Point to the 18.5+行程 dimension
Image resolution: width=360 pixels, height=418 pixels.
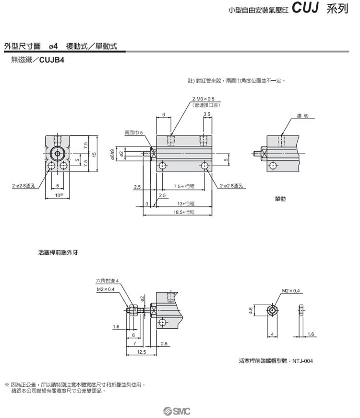pos(184,211)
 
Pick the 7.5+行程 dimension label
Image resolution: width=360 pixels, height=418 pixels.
pos(184,186)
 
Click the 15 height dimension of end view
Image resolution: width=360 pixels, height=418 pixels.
pos(95,154)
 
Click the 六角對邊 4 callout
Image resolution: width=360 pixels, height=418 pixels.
pos(107,281)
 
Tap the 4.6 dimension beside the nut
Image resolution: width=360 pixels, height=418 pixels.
pos(251,311)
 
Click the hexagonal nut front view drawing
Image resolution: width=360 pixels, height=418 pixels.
pos(272,311)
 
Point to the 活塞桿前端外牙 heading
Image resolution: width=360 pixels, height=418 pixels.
pos(59,251)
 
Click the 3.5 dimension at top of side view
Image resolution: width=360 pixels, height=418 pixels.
pos(207,114)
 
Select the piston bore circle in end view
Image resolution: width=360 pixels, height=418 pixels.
pos(58,154)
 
